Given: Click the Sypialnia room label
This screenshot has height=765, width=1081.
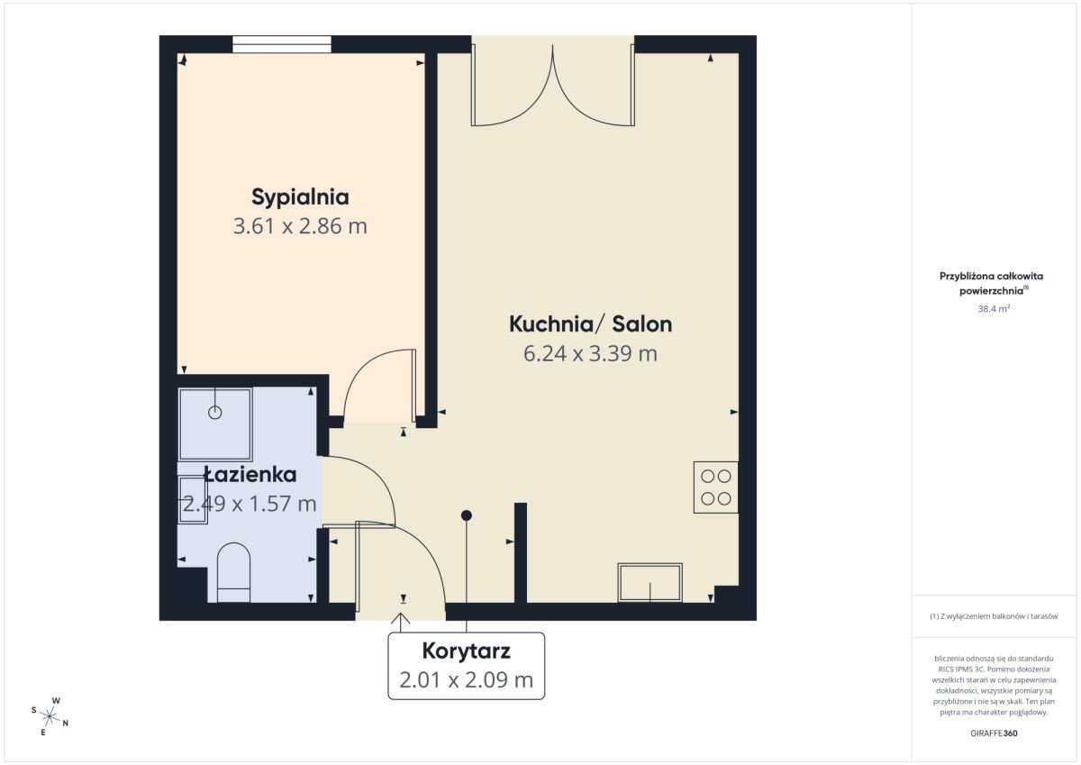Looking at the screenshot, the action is tap(300, 197).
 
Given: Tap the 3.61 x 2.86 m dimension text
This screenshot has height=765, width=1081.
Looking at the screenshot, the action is tap(300, 226).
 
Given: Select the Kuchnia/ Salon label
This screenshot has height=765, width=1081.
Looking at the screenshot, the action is tap(591, 324).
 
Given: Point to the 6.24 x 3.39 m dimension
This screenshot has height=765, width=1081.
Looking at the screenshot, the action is tap(591, 353).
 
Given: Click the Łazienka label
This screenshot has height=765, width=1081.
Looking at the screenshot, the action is tap(250, 475).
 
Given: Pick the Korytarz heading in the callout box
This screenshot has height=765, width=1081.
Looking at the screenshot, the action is tap(467, 651).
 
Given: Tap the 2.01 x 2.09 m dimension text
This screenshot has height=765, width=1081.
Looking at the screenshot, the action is tap(467, 680).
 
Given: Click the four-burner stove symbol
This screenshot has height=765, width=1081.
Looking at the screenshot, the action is tap(715, 487).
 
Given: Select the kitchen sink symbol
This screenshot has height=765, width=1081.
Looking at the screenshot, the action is tap(650, 583).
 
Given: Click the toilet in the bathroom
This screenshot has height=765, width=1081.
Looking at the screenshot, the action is tap(233, 572).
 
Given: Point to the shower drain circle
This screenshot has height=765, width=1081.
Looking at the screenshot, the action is tap(214, 412).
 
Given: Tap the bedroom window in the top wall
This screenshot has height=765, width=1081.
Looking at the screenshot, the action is tap(282, 44).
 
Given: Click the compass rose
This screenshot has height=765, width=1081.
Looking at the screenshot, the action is tap(50, 716).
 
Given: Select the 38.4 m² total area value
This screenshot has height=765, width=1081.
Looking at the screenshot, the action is tap(994, 308).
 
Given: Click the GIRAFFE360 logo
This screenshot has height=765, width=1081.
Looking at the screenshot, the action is tap(994, 733).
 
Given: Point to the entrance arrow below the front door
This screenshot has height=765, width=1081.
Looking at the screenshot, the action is tap(400, 622).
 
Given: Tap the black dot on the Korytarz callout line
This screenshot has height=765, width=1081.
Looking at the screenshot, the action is tap(467, 515).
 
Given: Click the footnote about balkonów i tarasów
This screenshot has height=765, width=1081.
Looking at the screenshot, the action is tap(994, 615).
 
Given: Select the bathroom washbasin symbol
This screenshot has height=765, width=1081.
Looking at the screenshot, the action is tap(193, 500).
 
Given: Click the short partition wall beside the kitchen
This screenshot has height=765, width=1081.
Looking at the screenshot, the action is tap(521, 553).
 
